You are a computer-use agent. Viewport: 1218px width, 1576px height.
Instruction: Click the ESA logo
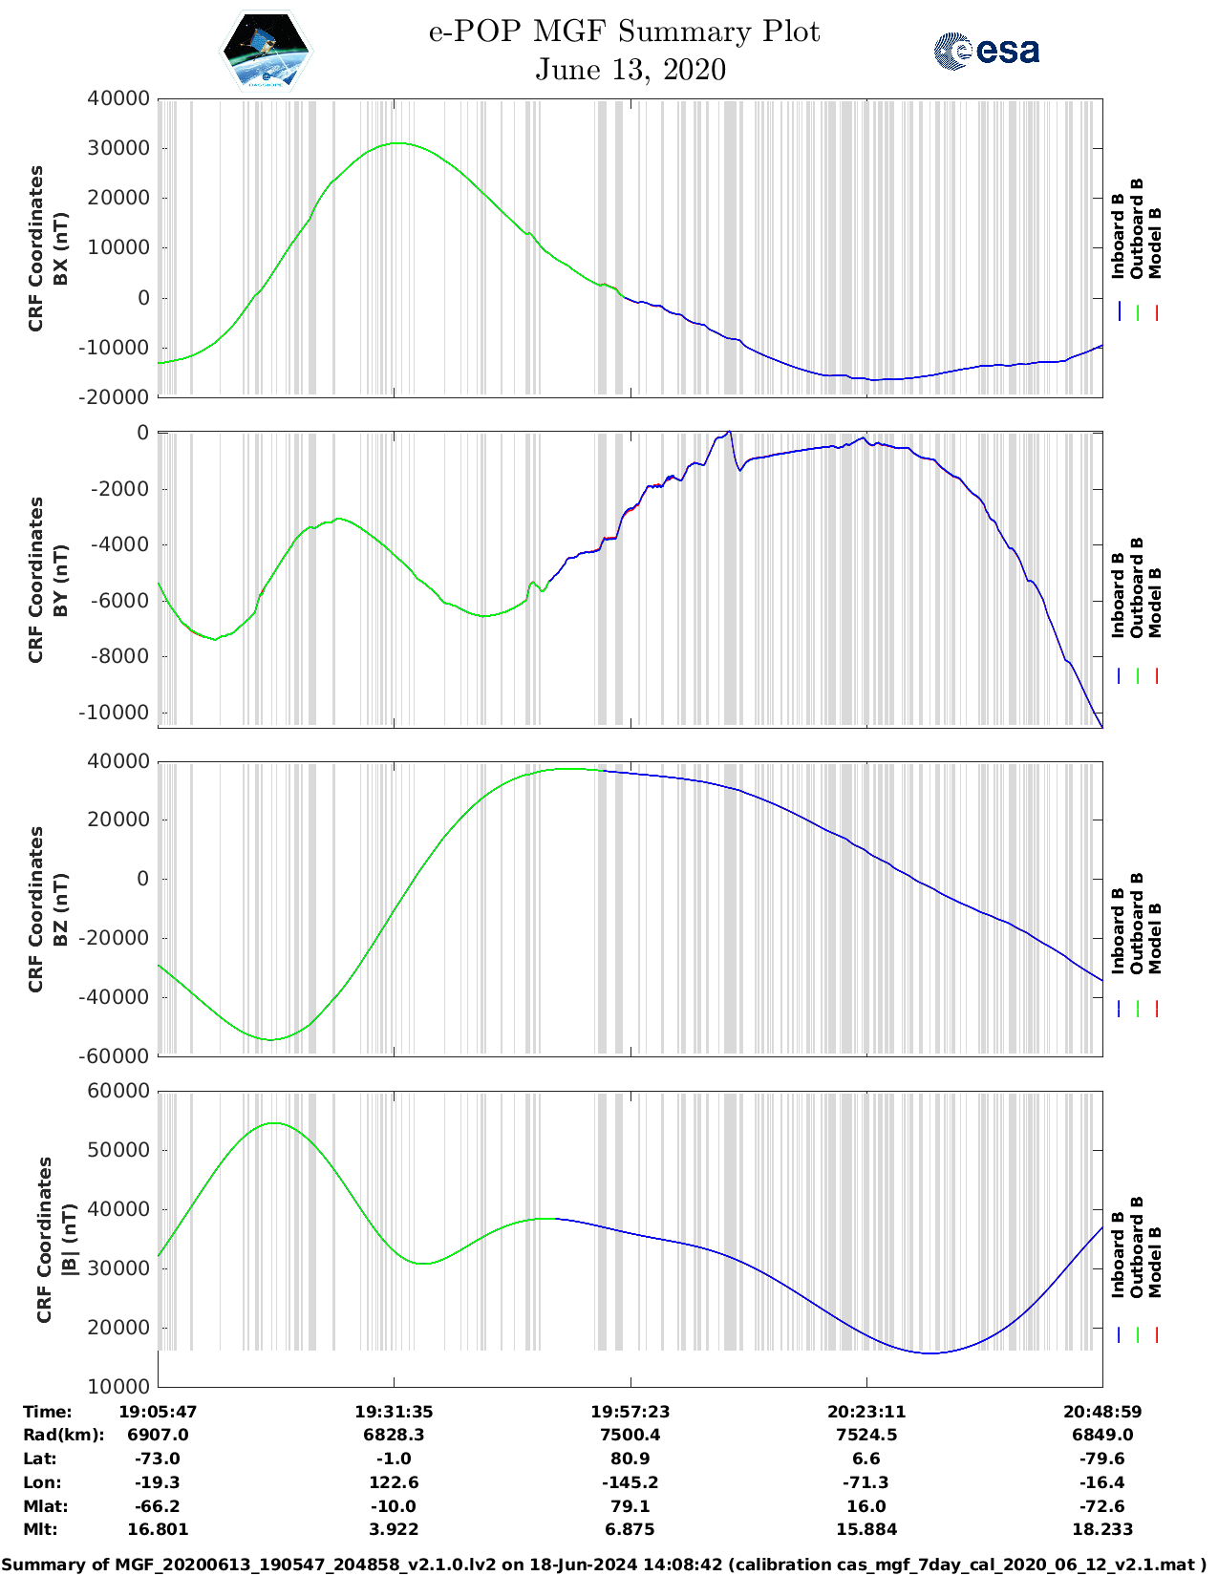click(x=986, y=51)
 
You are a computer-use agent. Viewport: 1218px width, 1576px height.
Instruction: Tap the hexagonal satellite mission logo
click(x=266, y=51)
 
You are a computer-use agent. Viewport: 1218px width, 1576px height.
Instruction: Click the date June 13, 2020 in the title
click(x=630, y=70)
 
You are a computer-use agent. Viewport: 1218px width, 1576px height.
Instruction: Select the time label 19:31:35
click(x=394, y=1411)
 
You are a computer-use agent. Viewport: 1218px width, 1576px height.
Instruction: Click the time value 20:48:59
click(x=1102, y=1411)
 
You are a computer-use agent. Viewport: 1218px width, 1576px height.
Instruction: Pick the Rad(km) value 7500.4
click(x=630, y=1435)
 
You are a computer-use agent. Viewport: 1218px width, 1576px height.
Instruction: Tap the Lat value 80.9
click(x=630, y=1459)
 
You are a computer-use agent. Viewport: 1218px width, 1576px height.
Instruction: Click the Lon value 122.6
click(x=394, y=1482)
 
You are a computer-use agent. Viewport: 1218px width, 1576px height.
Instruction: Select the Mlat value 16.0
click(x=866, y=1506)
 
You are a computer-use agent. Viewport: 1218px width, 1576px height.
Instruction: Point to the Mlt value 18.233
click(x=1102, y=1529)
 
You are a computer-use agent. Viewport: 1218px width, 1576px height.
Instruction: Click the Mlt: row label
click(x=40, y=1529)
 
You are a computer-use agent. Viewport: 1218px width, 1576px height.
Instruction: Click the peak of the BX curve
click(x=396, y=143)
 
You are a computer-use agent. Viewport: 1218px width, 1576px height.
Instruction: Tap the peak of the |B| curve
click(x=274, y=1123)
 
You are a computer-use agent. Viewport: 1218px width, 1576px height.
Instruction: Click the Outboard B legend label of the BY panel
click(x=1137, y=587)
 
